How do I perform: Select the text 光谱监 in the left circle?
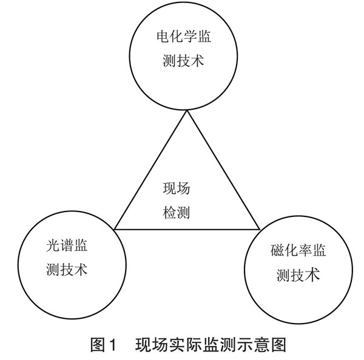66,247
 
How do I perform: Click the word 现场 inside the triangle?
176,189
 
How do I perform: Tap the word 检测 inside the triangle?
176,212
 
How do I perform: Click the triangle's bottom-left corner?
113,229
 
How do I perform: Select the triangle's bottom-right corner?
260,229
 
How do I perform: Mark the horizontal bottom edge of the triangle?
187,229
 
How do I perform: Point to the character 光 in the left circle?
51,247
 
